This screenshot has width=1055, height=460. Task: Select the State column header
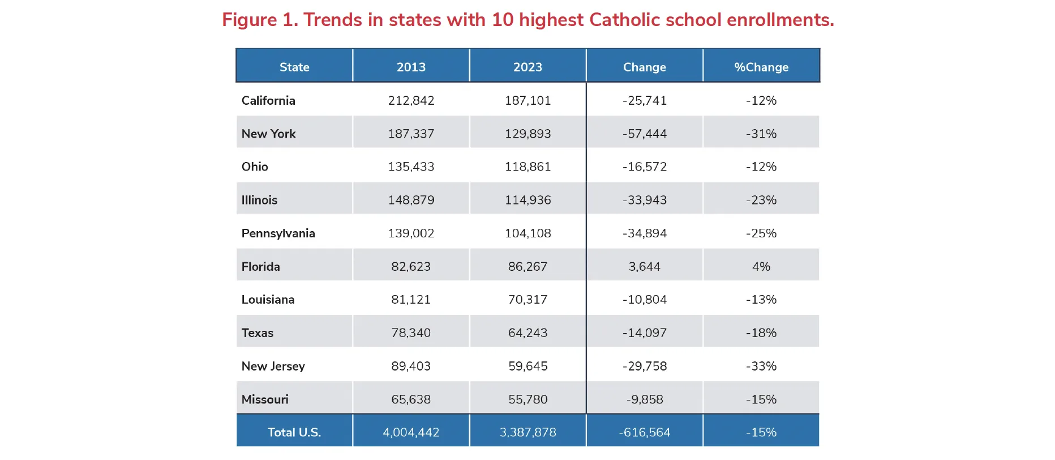[294, 67]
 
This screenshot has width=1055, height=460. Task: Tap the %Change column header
[761, 67]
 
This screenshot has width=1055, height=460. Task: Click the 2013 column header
[411, 67]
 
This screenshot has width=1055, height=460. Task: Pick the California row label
[268, 100]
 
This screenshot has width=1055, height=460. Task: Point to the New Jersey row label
[273, 366]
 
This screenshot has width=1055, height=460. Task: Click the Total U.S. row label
[294, 432]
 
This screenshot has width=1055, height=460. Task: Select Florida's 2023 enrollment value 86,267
[527, 266]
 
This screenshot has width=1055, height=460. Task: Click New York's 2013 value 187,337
[411, 134]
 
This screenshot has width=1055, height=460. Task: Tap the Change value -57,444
[645, 134]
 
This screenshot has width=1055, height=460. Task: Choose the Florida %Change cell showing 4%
[761, 266]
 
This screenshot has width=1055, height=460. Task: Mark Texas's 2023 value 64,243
[527, 333]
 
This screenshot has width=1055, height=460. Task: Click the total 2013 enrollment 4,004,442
[411, 432]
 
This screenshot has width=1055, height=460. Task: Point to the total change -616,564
[645, 432]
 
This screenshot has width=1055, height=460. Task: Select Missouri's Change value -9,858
[645, 399]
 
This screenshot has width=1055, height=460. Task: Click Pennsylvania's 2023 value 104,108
[527, 233]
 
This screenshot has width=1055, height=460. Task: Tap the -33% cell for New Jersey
[761, 366]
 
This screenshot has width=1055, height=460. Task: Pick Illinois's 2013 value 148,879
[411, 200]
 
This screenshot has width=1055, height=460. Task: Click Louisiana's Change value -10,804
[645, 299]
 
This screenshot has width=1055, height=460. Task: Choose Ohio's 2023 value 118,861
[527, 167]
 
